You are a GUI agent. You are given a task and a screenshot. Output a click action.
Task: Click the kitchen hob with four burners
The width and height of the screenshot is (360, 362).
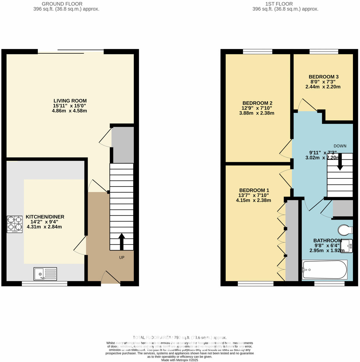click(x=15, y=224)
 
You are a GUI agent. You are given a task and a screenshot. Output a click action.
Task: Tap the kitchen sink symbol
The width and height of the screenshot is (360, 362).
click(x=45, y=274)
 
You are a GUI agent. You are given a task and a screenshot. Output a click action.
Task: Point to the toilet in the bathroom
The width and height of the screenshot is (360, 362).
click(x=345, y=230)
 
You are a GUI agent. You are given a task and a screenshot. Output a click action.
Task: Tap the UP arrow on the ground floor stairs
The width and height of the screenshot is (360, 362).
click(x=122, y=241)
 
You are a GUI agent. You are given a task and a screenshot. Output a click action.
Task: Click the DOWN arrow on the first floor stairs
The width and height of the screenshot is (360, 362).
click(x=340, y=162)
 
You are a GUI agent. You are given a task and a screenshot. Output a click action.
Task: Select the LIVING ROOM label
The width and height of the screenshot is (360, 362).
click(x=70, y=101)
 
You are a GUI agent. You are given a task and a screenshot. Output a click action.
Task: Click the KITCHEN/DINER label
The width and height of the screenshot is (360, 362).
click(x=45, y=217)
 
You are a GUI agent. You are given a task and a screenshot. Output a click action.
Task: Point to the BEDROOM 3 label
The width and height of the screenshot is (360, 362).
click(x=323, y=77)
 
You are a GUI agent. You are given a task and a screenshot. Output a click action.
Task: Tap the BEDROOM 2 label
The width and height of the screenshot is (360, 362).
click(x=257, y=103)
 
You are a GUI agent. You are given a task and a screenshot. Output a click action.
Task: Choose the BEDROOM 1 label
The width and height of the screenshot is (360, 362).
click(x=254, y=191)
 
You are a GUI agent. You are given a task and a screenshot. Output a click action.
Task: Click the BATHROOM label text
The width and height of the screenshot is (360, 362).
click(x=327, y=240)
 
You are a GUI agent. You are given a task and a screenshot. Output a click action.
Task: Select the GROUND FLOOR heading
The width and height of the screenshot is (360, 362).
click(x=62, y=4)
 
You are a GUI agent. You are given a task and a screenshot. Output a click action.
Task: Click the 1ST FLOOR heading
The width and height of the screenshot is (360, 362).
click(x=279, y=4)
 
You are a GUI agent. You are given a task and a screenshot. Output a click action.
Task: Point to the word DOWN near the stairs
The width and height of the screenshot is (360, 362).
click(x=340, y=146)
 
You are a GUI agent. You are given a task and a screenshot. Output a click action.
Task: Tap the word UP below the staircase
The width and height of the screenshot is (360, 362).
click(x=122, y=257)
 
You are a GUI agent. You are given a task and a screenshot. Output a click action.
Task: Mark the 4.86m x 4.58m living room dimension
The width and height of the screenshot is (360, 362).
click(x=69, y=111)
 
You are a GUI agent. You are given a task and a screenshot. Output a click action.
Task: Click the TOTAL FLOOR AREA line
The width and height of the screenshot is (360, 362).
click(x=180, y=338)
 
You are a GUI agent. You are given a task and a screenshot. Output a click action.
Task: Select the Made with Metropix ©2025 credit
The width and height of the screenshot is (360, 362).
click(x=180, y=360)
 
